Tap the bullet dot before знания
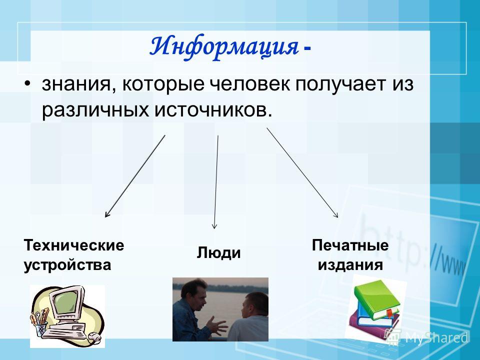coord(28,84)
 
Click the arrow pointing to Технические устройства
coord(135,176)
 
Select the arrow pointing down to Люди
coord(216,182)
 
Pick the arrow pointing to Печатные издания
coord(302,172)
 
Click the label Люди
coord(218,253)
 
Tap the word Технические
coord(74,245)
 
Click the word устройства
coord(67,264)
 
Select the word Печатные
coord(350,245)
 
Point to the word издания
coord(350,264)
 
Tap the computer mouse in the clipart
coord(94,337)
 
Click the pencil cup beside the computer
coord(40,329)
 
